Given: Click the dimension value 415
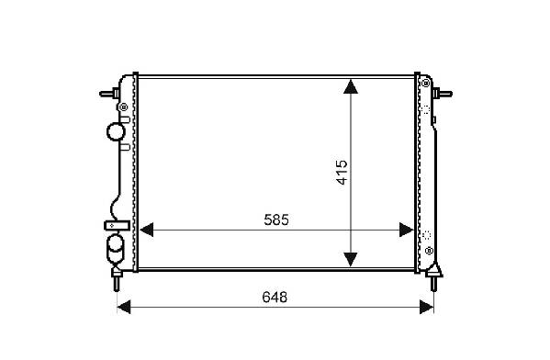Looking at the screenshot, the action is [342, 173].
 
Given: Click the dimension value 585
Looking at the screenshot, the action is [276, 220].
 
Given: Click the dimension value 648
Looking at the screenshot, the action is [275, 298].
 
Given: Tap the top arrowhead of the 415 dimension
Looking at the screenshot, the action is [351, 86].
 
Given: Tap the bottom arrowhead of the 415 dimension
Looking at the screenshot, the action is [351, 259].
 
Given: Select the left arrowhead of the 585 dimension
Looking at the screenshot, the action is [147, 230].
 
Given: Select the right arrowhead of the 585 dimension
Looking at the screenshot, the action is [407, 230].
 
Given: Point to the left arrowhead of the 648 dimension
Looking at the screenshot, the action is [123, 307].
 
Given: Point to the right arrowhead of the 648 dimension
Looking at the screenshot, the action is [427, 307].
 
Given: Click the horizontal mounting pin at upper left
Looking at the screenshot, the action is [109, 94].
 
